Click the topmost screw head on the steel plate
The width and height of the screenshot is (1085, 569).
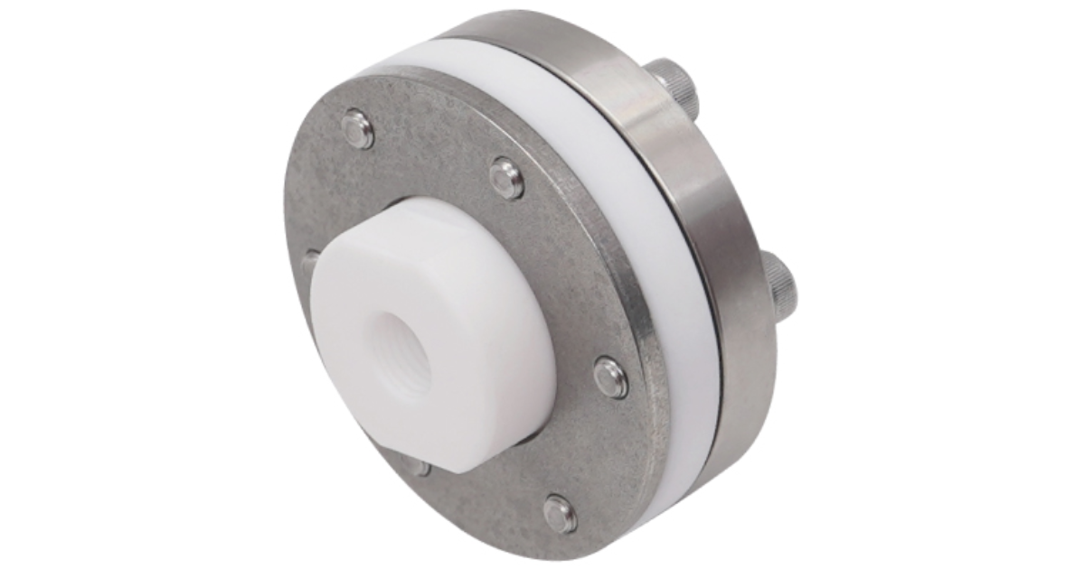[x=360, y=131]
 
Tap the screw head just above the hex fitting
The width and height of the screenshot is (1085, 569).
[x=507, y=178]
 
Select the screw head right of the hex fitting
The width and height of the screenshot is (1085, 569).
[x=612, y=376]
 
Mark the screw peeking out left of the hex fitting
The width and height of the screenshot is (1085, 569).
[x=309, y=262]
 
